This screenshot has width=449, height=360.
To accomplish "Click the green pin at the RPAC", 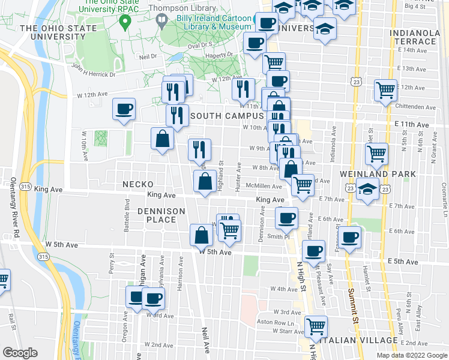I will [x=125, y=23].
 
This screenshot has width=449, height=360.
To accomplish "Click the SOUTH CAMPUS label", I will [x=227, y=115].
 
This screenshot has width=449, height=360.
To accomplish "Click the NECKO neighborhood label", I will [x=138, y=184].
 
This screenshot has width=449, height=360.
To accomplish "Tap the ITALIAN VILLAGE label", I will [x=360, y=340].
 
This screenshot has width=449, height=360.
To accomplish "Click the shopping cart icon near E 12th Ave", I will [x=385, y=90].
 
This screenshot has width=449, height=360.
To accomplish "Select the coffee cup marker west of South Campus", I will [x=124, y=109].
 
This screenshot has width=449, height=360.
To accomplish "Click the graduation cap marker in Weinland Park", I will [x=367, y=190].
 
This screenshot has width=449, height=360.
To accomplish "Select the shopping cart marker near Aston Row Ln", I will [x=316, y=326].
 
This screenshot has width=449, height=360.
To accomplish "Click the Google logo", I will [x=20, y=353].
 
